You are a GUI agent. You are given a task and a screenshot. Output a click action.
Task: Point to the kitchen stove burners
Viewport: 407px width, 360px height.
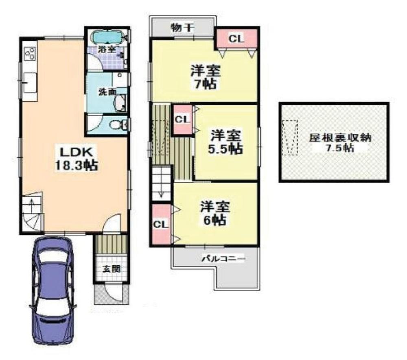tap(30, 53)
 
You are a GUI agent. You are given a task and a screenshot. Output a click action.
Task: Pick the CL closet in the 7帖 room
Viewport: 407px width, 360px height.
tap(236, 39)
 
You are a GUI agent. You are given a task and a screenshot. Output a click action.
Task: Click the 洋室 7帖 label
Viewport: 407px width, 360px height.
tap(206, 77)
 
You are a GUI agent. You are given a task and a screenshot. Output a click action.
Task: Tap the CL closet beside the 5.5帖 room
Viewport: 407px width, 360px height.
tap(183, 119)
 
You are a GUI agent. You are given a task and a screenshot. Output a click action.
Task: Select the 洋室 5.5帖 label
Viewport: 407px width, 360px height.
tap(226, 141)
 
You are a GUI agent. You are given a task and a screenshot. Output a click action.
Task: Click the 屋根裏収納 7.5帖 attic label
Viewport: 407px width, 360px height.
tap(333, 142)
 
